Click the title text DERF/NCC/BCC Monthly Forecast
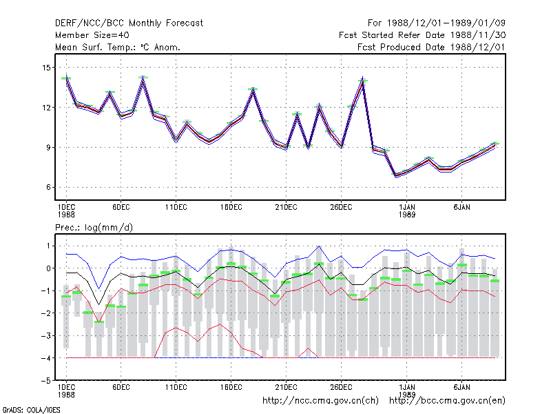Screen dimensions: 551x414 [129, 23]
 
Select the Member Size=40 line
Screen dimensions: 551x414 [92, 35]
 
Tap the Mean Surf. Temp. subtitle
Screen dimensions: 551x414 [118, 47]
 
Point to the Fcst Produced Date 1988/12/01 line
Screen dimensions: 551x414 [431, 47]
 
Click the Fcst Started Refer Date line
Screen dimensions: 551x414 [422, 35]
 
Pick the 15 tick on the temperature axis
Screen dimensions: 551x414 [46, 67]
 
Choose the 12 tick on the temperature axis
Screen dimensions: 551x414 [46, 108]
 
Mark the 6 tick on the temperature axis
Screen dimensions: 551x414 [48, 187]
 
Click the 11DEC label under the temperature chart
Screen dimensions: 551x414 [176, 208]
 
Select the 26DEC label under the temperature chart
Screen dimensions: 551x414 [341, 208]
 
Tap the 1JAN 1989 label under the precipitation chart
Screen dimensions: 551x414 [407, 391]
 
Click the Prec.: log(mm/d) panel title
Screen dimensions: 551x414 [94, 228]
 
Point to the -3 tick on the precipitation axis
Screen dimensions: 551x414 [46, 335]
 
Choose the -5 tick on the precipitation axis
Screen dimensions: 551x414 [46, 381]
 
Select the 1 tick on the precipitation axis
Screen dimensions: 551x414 [48, 246]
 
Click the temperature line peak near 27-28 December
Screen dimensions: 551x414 [363, 77]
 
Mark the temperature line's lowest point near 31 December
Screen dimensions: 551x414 [396, 176]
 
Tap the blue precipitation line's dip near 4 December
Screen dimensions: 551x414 [99, 288]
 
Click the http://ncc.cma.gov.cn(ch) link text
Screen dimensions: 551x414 [320, 401]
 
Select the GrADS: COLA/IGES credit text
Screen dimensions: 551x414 [31, 410]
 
